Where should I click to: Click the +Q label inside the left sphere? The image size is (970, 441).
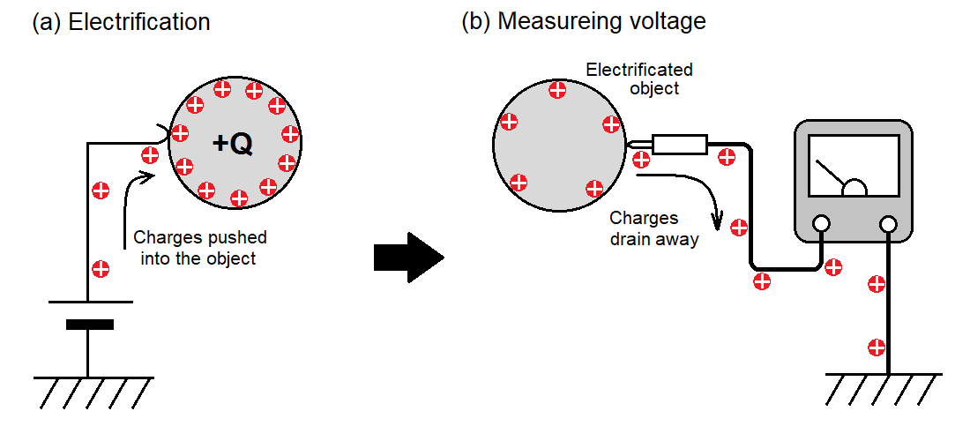[x=233, y=143]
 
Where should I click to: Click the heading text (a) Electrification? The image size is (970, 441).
[x=121, y=22]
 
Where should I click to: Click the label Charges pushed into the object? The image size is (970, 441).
[x=199, y=248]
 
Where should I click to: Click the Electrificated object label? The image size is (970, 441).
[x=639, y=78]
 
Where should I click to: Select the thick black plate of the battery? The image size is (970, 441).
[x=89, y=325]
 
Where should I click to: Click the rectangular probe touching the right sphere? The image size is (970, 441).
[x=679, y=144]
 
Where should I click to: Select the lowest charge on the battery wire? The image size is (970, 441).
[x=101, y=268]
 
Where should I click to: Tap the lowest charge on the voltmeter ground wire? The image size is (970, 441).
[x=876, y=347]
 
